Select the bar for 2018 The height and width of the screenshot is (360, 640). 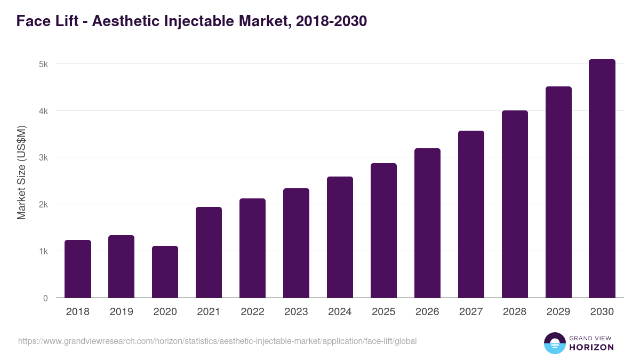[x=78, y=269]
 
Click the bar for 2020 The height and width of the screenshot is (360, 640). [x=165, y=272]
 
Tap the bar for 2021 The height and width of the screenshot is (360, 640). [x=209, y=252]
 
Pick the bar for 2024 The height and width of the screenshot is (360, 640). [x=340, y=237]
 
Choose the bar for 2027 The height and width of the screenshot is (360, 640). [x=471, y=214]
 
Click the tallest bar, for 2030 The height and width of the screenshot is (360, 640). [x=602, y=179]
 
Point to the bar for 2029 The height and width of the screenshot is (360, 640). [x=558, y=192]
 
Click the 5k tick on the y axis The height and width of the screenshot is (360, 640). [x=43, y=64]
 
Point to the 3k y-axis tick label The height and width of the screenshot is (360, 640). [x=43, y=158]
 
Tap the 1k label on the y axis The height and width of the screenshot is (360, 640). [x=43, y=251]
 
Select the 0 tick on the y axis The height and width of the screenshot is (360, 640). [x=45, y=298]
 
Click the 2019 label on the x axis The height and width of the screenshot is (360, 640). [x=122, y=312]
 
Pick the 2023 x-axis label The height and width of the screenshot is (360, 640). [x=296, y=312]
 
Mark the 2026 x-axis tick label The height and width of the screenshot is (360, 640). [x=427, y=312]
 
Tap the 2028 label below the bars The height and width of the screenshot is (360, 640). [x=515, y=312]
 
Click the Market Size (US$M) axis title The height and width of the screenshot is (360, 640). [x=21, y=172]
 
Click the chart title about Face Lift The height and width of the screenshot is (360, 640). [x=191, y=21]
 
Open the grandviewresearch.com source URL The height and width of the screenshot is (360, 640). [x=217, y=341]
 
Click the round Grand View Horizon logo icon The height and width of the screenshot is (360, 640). [x=555, y=343]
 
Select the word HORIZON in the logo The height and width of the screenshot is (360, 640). [x=591, y=347]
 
